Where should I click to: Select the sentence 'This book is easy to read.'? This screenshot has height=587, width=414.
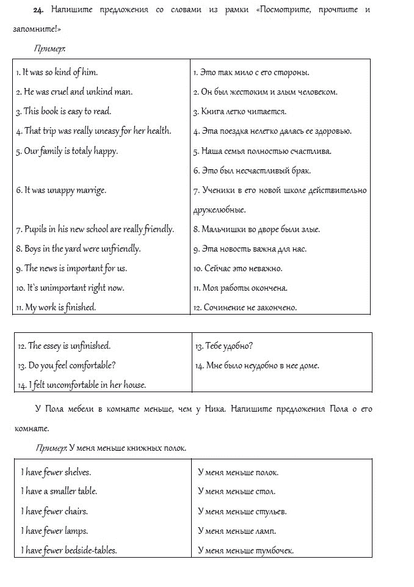point(64,111)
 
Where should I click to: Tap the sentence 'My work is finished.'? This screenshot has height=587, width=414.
point(56,307)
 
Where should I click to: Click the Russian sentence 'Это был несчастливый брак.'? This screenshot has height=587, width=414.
point(243,170)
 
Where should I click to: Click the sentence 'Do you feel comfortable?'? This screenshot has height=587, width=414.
point(67,365)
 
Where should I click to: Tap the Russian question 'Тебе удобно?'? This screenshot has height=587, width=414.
point(223,346)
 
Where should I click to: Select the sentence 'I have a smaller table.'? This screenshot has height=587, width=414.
point(59,491)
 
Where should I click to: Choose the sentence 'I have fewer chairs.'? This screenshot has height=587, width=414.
point(54,511)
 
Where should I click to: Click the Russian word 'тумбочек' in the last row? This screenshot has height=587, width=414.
point(275,550)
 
